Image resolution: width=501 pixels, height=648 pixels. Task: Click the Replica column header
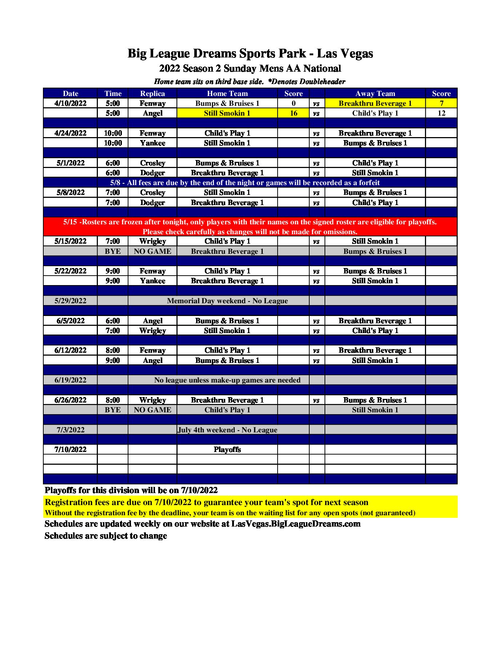click(152, 93)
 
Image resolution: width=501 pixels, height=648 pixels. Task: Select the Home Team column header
click(227, 93)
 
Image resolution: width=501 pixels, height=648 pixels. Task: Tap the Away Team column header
click(375, 93)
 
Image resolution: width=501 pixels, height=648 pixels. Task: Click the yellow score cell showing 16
click(293, 113)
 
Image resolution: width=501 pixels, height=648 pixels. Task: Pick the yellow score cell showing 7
click(441, 103)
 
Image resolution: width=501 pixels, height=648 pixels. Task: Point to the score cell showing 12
click(441, 113)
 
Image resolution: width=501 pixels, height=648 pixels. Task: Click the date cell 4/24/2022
click(70, 133)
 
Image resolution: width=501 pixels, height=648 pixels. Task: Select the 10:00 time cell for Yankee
click(113, 143)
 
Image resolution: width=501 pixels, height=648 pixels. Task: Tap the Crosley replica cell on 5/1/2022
click(152, 163)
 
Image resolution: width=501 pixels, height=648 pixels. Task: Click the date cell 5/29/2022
click(70, 301)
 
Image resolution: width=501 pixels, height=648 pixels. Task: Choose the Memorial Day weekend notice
click(227, 301)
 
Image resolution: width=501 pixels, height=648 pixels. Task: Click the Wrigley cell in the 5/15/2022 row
click(152, 241)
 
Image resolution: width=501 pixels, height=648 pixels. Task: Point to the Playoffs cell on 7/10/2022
click(227, 449)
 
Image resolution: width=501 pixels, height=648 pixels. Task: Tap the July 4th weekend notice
click(227, 430)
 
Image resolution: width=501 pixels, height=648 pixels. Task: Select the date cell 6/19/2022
click(70, 380)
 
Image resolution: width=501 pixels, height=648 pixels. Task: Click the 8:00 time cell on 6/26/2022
click(113, 400)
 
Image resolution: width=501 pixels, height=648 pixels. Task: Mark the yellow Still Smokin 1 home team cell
click(227, 113)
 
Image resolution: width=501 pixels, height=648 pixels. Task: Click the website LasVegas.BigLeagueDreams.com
click(295, 524)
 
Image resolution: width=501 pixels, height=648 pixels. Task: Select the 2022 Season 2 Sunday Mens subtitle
click(250, 68)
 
